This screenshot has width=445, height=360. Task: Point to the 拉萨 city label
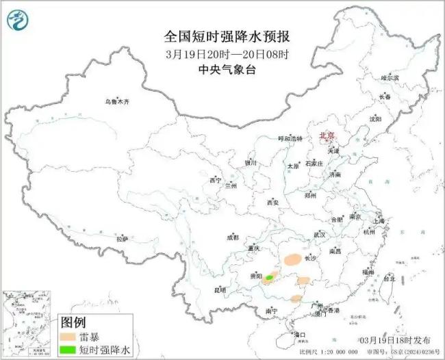click(122, 238)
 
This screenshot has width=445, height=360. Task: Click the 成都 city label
click(233, 237)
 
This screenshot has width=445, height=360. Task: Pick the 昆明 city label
click(220, 290)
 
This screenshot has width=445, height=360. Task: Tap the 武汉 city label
click(319, 235)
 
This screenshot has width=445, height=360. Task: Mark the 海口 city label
click(299, 335)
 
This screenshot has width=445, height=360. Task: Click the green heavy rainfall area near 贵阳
click(270, 277)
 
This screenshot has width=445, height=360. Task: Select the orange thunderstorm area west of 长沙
click(292, 259)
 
